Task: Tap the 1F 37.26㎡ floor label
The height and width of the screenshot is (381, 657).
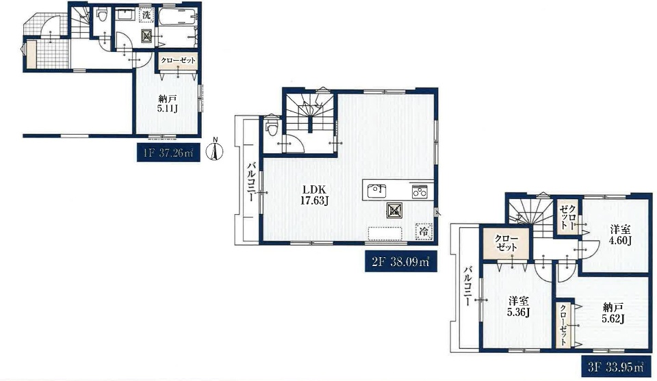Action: point(168,153)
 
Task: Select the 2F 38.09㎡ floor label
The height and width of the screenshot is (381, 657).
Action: point(401,261)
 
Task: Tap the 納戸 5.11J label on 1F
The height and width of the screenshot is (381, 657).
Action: point(168,104)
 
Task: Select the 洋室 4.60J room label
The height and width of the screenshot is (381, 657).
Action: point(621,235)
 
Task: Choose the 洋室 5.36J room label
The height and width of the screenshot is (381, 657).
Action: point(519,306)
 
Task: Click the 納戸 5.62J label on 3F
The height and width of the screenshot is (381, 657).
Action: point(613,313)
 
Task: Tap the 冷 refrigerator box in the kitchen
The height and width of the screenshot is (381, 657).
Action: point(424,231)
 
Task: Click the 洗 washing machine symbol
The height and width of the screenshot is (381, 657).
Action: point(146,14)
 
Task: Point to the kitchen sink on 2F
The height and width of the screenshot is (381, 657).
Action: point(376,191)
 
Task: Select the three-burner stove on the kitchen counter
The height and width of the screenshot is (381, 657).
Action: point(420,191)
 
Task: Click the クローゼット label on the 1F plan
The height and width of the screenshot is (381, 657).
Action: point(179,60)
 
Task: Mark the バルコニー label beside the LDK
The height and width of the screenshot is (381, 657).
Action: point(250,181)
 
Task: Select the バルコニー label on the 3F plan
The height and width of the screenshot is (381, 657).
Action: point(467,285)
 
